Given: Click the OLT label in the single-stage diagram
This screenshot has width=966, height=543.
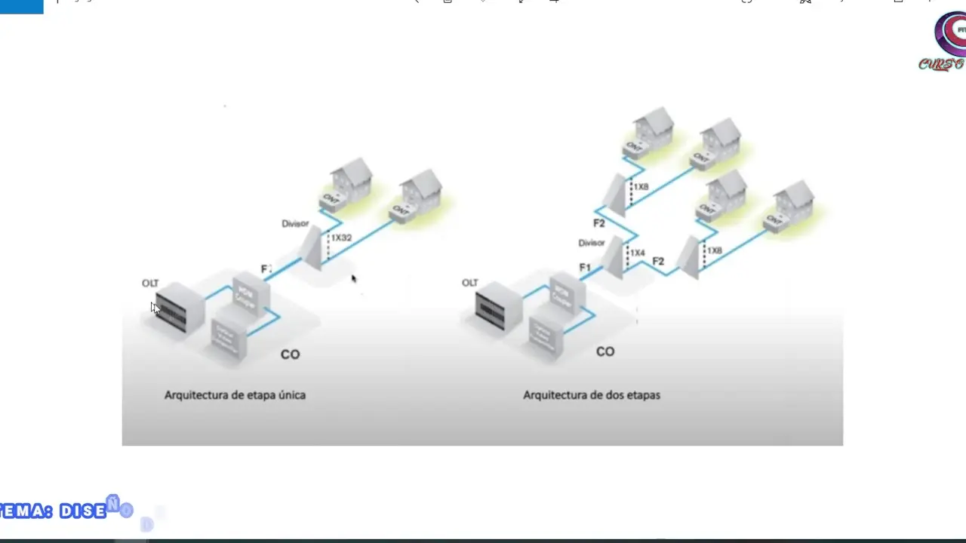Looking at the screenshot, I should point(150,284).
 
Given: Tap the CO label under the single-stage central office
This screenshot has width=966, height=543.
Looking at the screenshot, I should point(290,354).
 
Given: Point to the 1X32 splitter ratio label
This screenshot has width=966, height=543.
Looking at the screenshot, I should point(341,238).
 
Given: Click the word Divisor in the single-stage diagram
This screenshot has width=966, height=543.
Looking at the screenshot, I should point(295,223).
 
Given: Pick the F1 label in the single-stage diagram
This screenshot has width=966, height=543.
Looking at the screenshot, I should point(266,269).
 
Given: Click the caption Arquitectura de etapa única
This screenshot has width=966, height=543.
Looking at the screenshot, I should point(235,395).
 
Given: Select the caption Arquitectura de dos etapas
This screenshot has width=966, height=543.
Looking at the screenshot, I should point(592,395).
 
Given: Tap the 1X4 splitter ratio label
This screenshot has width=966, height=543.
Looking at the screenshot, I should point(638,253).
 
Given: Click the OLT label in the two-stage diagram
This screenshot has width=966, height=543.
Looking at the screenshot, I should point(470,283).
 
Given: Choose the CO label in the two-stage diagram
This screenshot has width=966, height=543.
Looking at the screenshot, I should point(605,351).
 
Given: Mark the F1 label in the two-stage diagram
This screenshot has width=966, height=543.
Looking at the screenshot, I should point(585,268).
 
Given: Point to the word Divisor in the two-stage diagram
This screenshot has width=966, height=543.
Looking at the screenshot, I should point(592,243).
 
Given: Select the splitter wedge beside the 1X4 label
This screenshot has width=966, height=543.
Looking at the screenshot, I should point(614,258).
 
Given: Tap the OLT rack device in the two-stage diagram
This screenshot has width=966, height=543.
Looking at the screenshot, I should point(497,307).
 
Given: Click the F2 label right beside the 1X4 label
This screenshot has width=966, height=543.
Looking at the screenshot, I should point(658,262).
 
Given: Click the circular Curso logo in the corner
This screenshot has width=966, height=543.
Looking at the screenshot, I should point(951,34).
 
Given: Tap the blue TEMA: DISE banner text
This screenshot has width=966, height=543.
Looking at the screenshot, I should point(57,511).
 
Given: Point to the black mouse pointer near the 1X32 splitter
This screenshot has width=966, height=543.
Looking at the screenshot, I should point(353,278).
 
